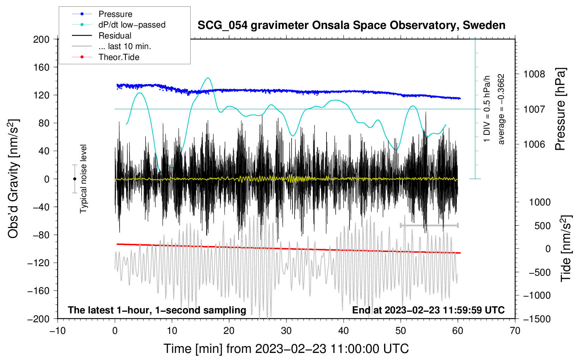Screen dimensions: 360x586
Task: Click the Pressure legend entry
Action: coord(115,14)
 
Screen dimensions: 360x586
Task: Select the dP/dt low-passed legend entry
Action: coord(132,25)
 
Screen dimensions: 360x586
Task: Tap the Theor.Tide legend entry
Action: coord(119,57)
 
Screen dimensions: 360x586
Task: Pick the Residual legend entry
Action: coord(115,36)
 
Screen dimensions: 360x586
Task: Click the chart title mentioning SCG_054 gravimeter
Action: coord(351,25)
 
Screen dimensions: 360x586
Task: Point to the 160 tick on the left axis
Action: coord(41,67)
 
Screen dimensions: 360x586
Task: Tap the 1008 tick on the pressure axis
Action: coord(534,74)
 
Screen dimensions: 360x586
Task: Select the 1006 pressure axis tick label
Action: coord(534,144)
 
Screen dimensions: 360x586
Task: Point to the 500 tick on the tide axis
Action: coord(542,226)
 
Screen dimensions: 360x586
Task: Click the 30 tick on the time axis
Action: coord(286,331)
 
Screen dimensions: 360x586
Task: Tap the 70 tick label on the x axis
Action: coord(515,331)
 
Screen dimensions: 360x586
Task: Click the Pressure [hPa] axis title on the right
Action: coord(560,109)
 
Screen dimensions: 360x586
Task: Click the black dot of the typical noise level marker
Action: coord(74,179)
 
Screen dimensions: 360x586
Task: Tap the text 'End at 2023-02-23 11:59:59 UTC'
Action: coord(428,310)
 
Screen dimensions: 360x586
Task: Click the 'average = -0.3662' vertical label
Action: coord(501,109)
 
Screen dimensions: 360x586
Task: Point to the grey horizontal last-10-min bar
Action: coord(429,225)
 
